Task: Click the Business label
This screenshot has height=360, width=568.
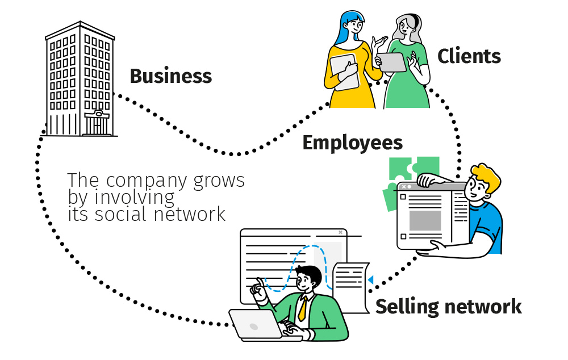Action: pyautogui.click(x=170, y=76)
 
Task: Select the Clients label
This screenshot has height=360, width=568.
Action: pyautogui.click(x=469, y=56)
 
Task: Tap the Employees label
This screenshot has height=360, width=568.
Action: pyautogui.click(x=352, y=143)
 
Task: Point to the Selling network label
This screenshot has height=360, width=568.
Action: pyautogui.click(x=448, y=307)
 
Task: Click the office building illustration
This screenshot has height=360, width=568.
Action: pyautogui.click(x=80, y=79)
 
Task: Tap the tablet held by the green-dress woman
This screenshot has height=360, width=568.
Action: pyautogui.click(x=391, y=62)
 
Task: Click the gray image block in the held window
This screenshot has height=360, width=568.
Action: pyautogui.click(x=425, y=220)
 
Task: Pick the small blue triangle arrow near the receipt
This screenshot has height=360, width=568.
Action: pyautogui.click(x=370, y=279)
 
